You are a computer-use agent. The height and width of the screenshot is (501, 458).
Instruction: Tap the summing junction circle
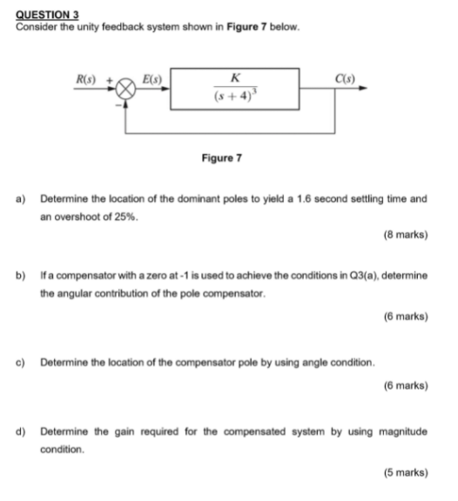[127, 88]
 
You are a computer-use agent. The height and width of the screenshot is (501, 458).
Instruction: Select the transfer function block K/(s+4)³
[235, 88]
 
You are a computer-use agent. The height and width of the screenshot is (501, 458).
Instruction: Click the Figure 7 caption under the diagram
[221, 158]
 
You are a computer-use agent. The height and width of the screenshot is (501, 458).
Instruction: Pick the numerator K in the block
[237, 77]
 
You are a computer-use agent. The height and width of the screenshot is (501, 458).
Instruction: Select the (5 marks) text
[405, 472]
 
